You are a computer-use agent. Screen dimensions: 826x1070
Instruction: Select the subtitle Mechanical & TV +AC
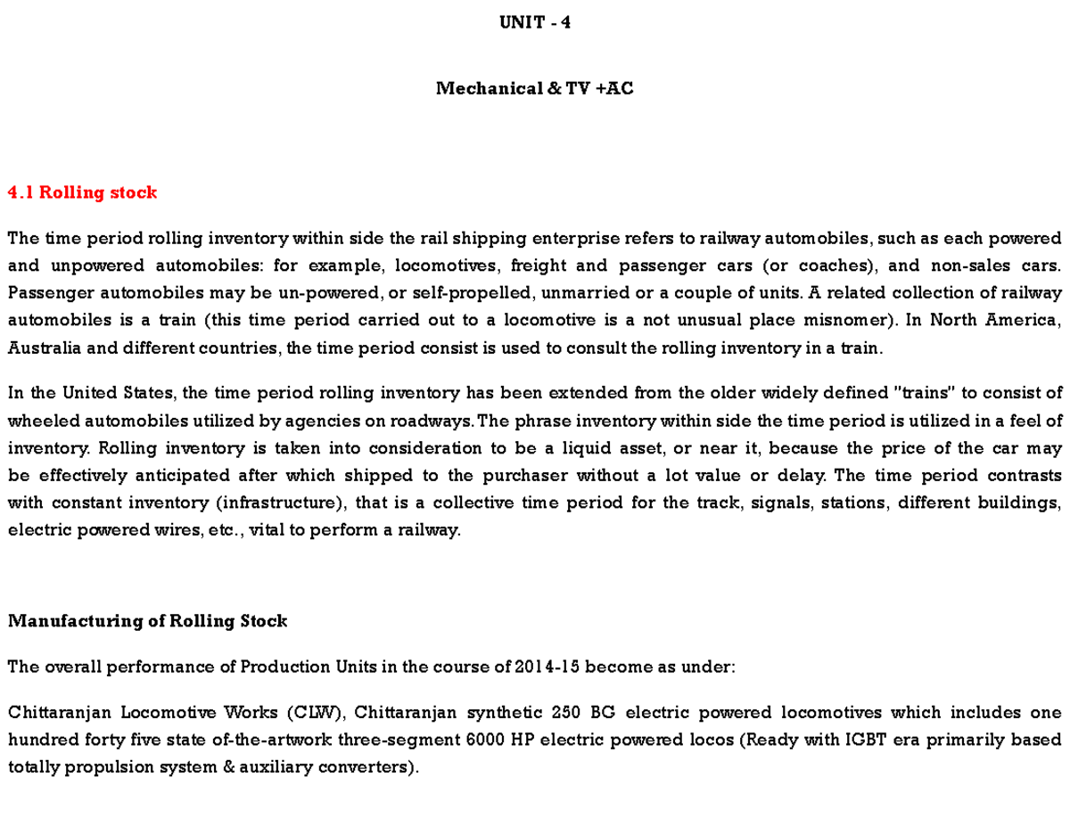pos(535,88)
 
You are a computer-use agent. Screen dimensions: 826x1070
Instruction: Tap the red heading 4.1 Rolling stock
pos(82,192)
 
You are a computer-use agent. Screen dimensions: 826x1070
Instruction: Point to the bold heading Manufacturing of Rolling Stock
pos(147,621)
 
